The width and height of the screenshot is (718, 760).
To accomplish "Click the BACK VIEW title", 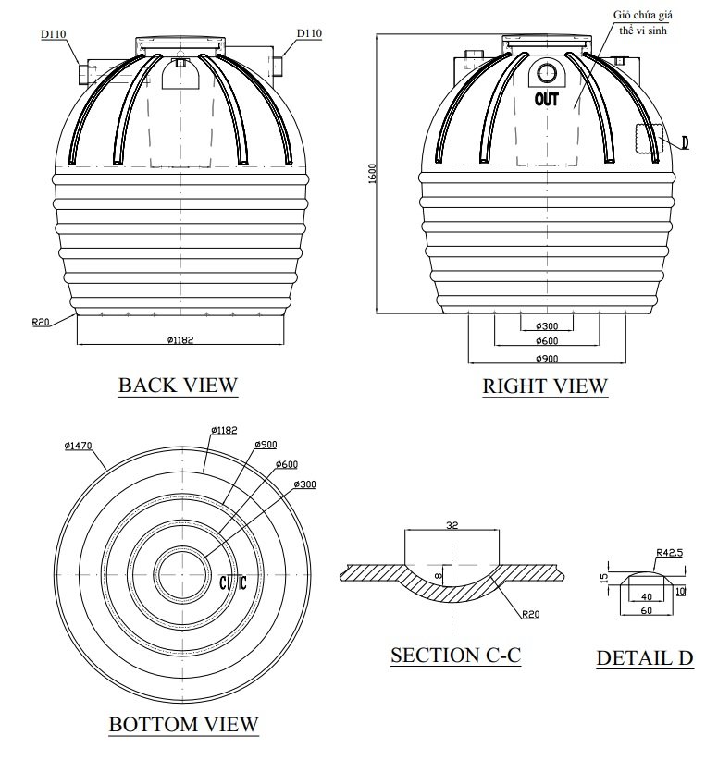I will [x=178, y=385].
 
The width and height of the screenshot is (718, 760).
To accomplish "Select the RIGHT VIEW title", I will [x=545, y=386].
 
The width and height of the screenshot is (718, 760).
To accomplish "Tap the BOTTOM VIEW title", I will [x=183, y=724].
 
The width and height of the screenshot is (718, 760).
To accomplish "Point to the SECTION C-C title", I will [x=455, y=656].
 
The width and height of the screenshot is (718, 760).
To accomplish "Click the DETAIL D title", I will [x=644, y=658].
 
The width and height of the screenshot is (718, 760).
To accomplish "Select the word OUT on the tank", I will [x=547, y=99].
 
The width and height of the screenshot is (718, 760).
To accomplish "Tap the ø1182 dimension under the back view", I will [x=180, y=339].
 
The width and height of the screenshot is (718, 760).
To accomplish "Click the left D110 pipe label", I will [x=52, y=34].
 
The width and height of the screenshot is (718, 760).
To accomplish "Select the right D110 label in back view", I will [x=309, y=33].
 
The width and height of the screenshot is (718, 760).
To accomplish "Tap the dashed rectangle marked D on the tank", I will [x=650, y=138].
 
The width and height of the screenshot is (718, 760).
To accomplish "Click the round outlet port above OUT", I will [x=547, y=74].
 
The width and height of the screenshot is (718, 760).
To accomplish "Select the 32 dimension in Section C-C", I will [x=452, y=525].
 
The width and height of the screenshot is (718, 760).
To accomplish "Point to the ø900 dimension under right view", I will [x=547, y=358].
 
